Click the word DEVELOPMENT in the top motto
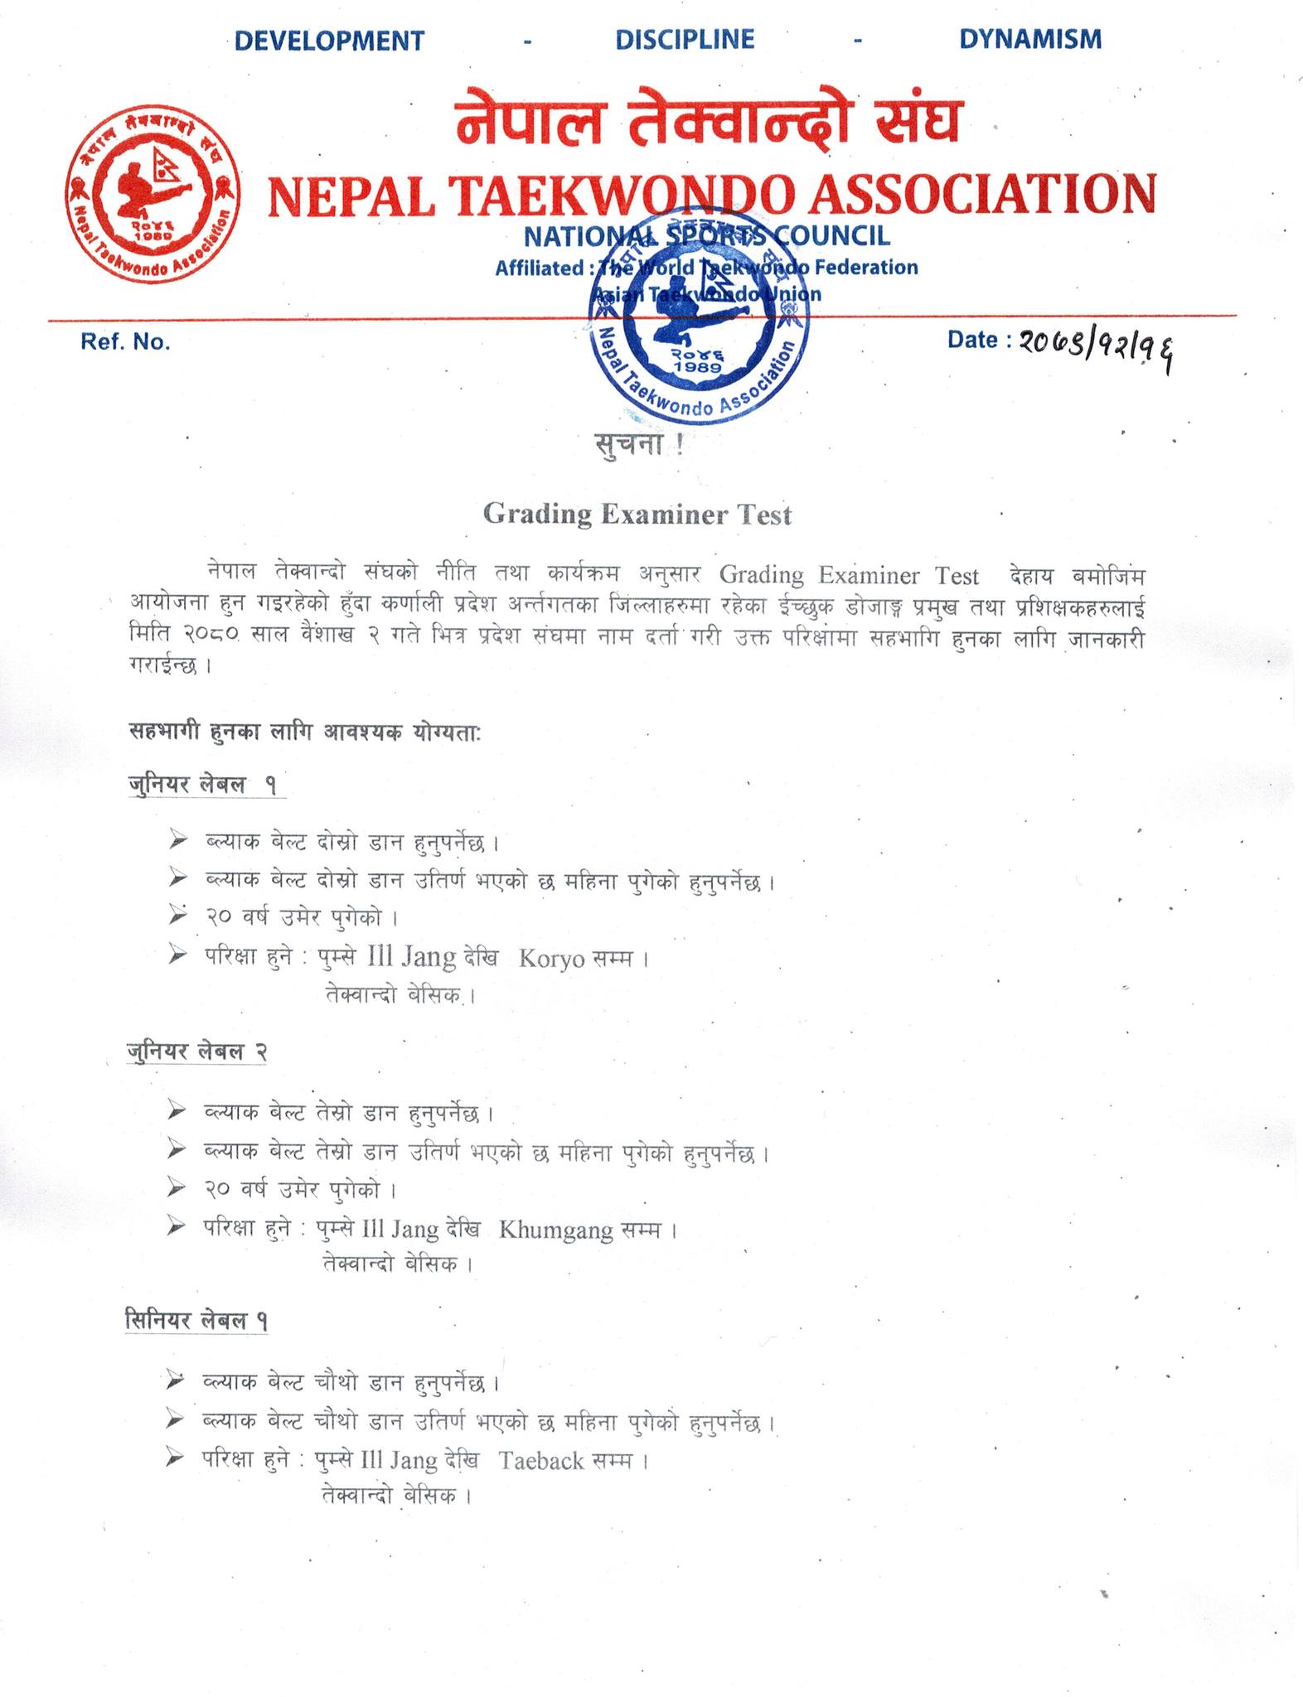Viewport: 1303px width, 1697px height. coord(329,41)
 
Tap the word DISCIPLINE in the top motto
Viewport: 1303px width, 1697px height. coord(685,40)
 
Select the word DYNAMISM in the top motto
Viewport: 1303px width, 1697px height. coord(1030,39)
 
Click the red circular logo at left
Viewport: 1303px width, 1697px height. coord(153,193)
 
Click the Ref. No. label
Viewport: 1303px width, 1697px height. coord(125,342)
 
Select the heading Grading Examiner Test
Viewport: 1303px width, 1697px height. coord(637,515)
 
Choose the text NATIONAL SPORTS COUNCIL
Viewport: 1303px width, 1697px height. coord(706,236)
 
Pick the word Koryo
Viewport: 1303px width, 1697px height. coord(551,959)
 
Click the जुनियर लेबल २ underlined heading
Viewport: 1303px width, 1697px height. coord(196,1052)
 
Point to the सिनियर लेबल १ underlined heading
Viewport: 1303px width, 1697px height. coord(196,1320)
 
